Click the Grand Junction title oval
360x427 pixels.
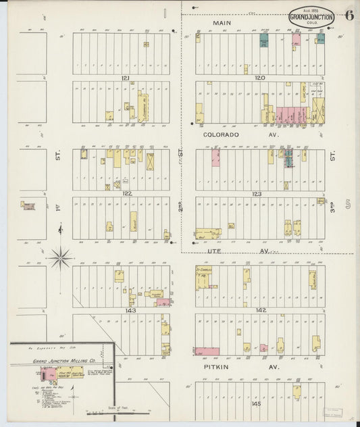(x=311, y=17)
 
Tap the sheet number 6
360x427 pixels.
(x=349, y=16)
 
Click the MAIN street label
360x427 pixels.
(x=222, y=23)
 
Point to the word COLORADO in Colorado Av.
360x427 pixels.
(x=222, y=135)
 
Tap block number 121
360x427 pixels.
(x=125, y=78)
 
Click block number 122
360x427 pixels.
(x=126, y=193)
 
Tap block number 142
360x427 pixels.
(x=261, y=310)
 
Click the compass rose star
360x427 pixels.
(x=61, y=256)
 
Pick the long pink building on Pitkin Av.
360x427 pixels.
(x=207, y=351)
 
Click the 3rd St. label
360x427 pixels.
(x=332, y=156)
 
